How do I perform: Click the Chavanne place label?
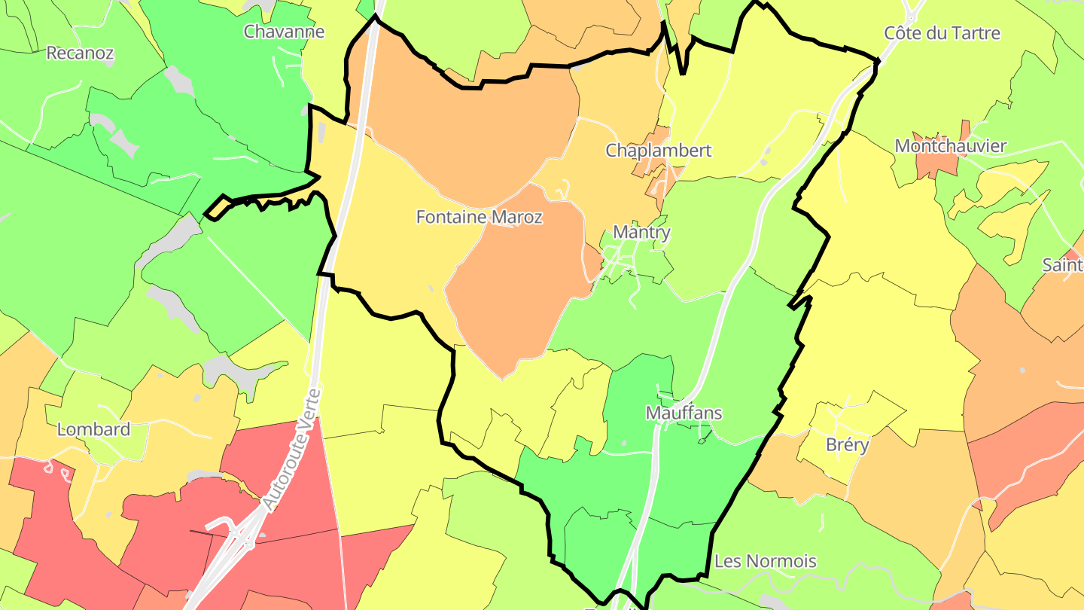click(x=284, y=32)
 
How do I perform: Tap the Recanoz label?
click(x=80, y=53)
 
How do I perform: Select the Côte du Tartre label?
click(x=942, y=33)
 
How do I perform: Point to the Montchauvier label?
click(x=950, y=146)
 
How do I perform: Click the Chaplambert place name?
click(x=658, y=151)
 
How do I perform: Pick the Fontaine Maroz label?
click(x=479, y=218)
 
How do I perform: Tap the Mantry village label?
click(x=641, y=232)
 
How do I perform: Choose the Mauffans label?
click(x=684, y=413)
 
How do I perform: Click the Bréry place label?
click(x=847, y=444)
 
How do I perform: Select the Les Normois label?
click(x=765, y=561)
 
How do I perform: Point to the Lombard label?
click(x=93, y=429)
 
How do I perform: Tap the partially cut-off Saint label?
click(x=1062, y=265)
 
